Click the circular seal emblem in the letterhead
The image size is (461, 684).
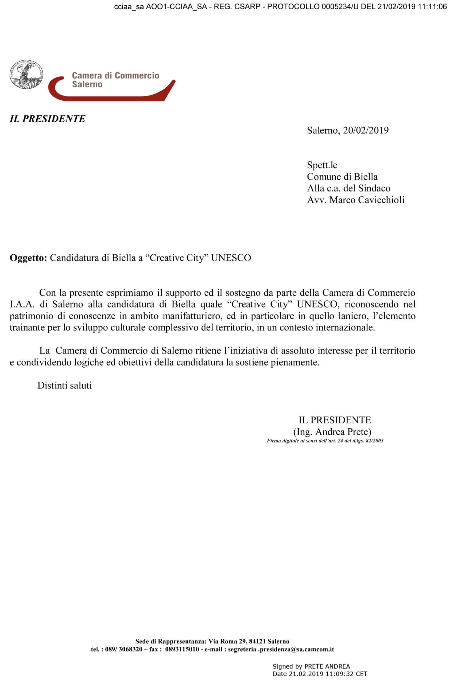coord(26,74)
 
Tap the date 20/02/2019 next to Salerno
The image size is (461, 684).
coord(365,130)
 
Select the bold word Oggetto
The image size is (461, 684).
coord(28,258)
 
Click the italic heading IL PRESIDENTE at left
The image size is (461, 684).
coord(47,119)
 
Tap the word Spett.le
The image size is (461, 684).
coord(322,165)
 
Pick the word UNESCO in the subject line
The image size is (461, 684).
coord(231,258)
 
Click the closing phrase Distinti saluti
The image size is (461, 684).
coord(65,385)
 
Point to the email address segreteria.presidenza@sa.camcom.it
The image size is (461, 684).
coord(281,649)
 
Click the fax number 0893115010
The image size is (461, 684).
coord(182,649)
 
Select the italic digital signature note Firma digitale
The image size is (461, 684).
coord(325,441)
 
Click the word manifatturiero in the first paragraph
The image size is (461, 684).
coord(192,316)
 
